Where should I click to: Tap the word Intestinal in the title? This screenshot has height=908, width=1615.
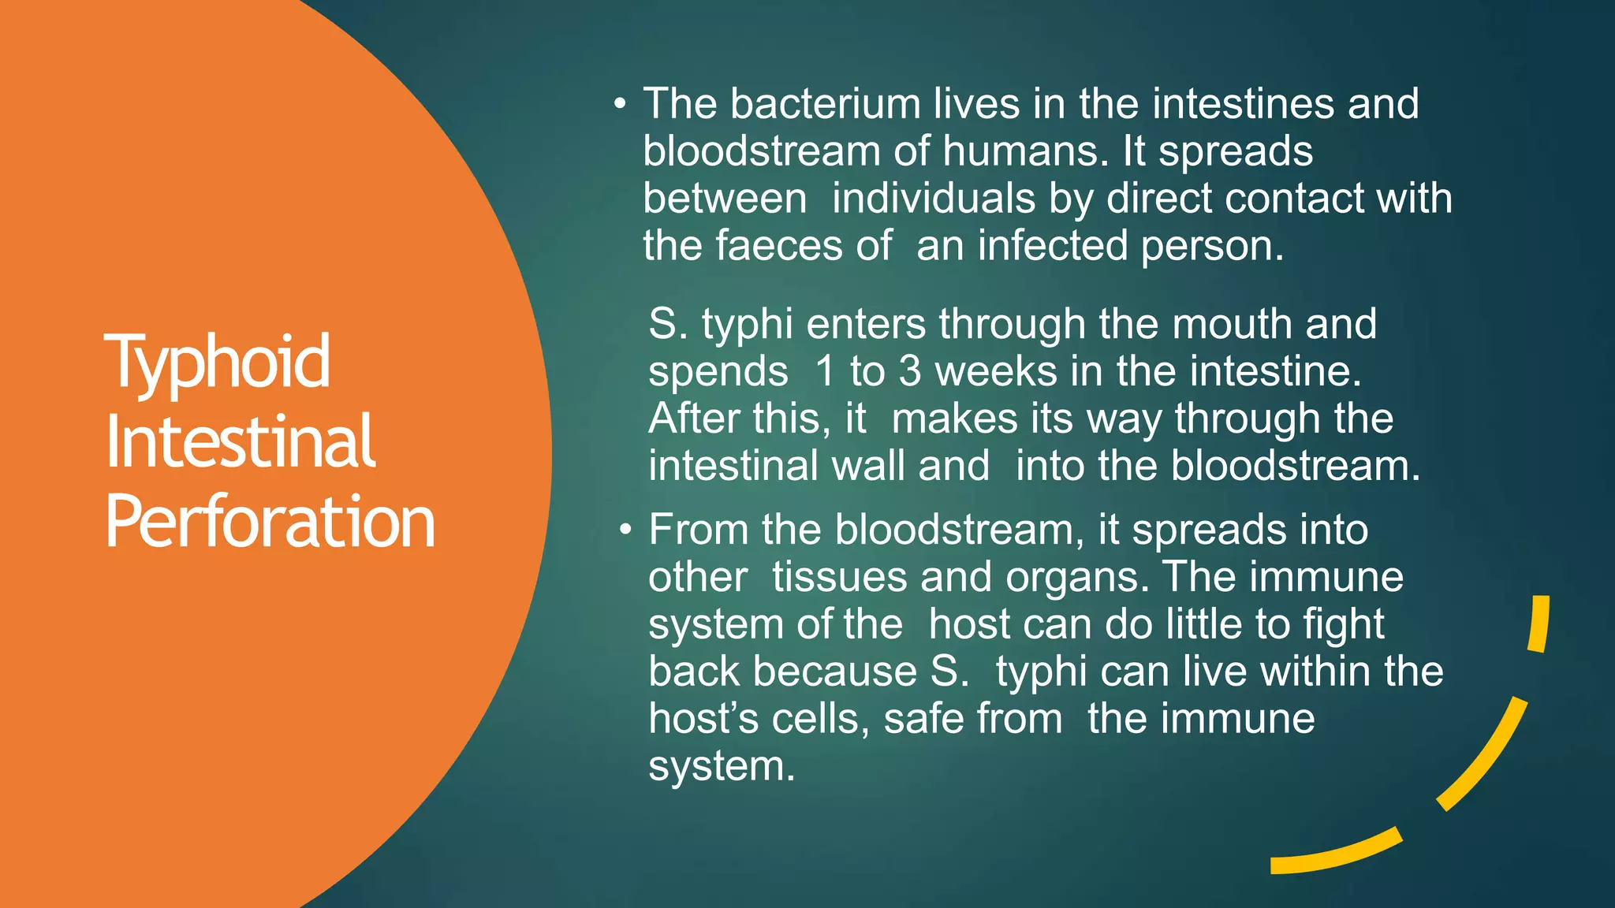tap(240, 442)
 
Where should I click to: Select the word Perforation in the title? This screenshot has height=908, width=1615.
tap(270, 522)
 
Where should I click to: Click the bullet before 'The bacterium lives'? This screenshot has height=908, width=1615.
tap(621, 105)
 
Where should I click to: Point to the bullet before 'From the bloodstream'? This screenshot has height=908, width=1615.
tap(625, 530)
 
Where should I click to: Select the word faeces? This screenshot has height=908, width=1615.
tap(779, 246)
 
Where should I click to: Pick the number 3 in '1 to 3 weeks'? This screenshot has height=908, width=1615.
tap(910, 371)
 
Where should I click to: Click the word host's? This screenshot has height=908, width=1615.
tap(703, 719)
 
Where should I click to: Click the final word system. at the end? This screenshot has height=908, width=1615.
tap(721, 767)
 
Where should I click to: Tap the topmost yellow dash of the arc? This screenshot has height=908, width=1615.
tap(1539, 623)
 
